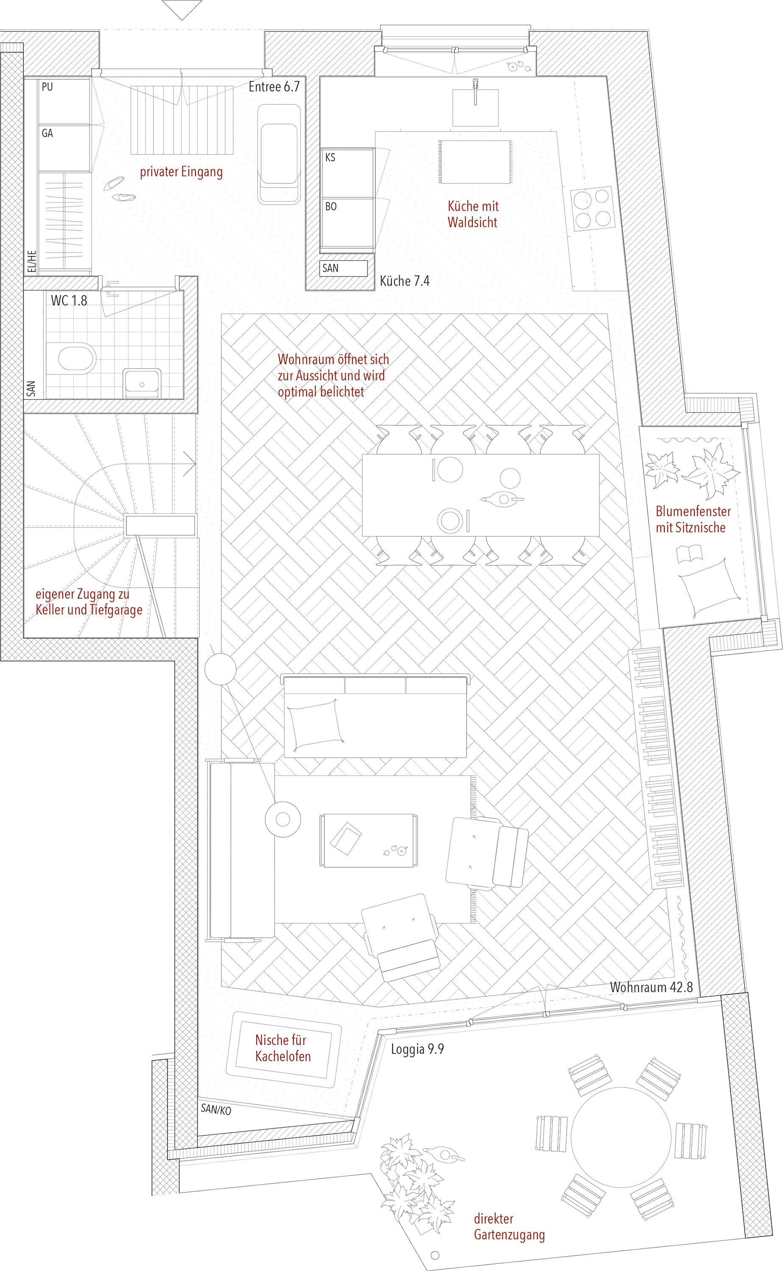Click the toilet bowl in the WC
tap(77, 357)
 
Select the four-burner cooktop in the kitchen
tap(592, 208)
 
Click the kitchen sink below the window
tap(475, 107)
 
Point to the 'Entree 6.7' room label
tap(274, 86)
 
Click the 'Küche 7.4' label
tap(404, 281)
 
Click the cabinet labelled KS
tap(348, 173)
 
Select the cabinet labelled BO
tap(348, 223)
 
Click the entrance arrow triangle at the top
tap(182, 10)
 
